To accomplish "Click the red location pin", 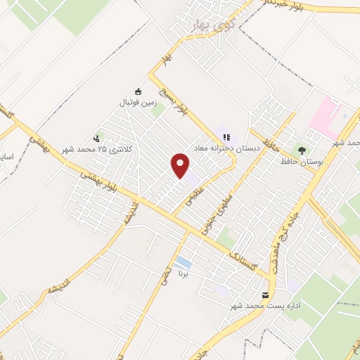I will pyautogui.click(x=181, y=165).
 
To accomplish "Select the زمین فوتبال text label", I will pyautogui.click(x=138, y=103).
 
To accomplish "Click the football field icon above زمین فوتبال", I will pyautogui.click(x=138, y=91).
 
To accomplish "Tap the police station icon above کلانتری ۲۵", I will pyautogui.click(x=96, y=139).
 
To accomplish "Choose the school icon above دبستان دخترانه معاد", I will pyautogui.click(x=226, y=137).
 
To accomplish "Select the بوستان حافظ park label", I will pyautogui.click(x=302, y=162).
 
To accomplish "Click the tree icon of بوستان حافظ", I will pyautogui.click(x=302, y=150).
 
